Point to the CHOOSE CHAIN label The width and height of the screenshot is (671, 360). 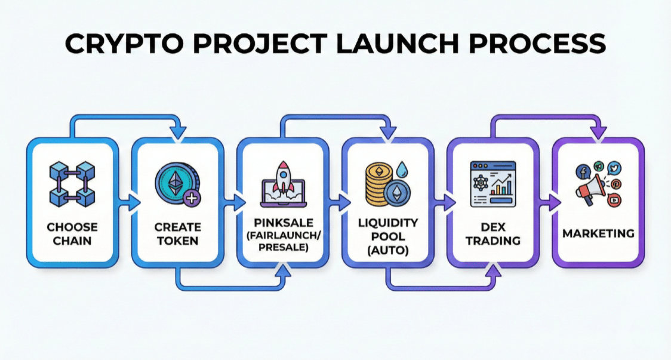tap(72, 234)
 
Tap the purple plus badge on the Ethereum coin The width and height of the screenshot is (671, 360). tap(192, 198)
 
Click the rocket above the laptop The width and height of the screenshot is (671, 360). tap(282, 173)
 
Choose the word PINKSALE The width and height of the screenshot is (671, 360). tap(282, 222)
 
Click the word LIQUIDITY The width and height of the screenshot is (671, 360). tap(387, 223)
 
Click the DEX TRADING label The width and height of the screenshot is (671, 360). tap(493, 234)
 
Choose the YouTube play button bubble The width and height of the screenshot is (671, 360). tap(613, 201)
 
